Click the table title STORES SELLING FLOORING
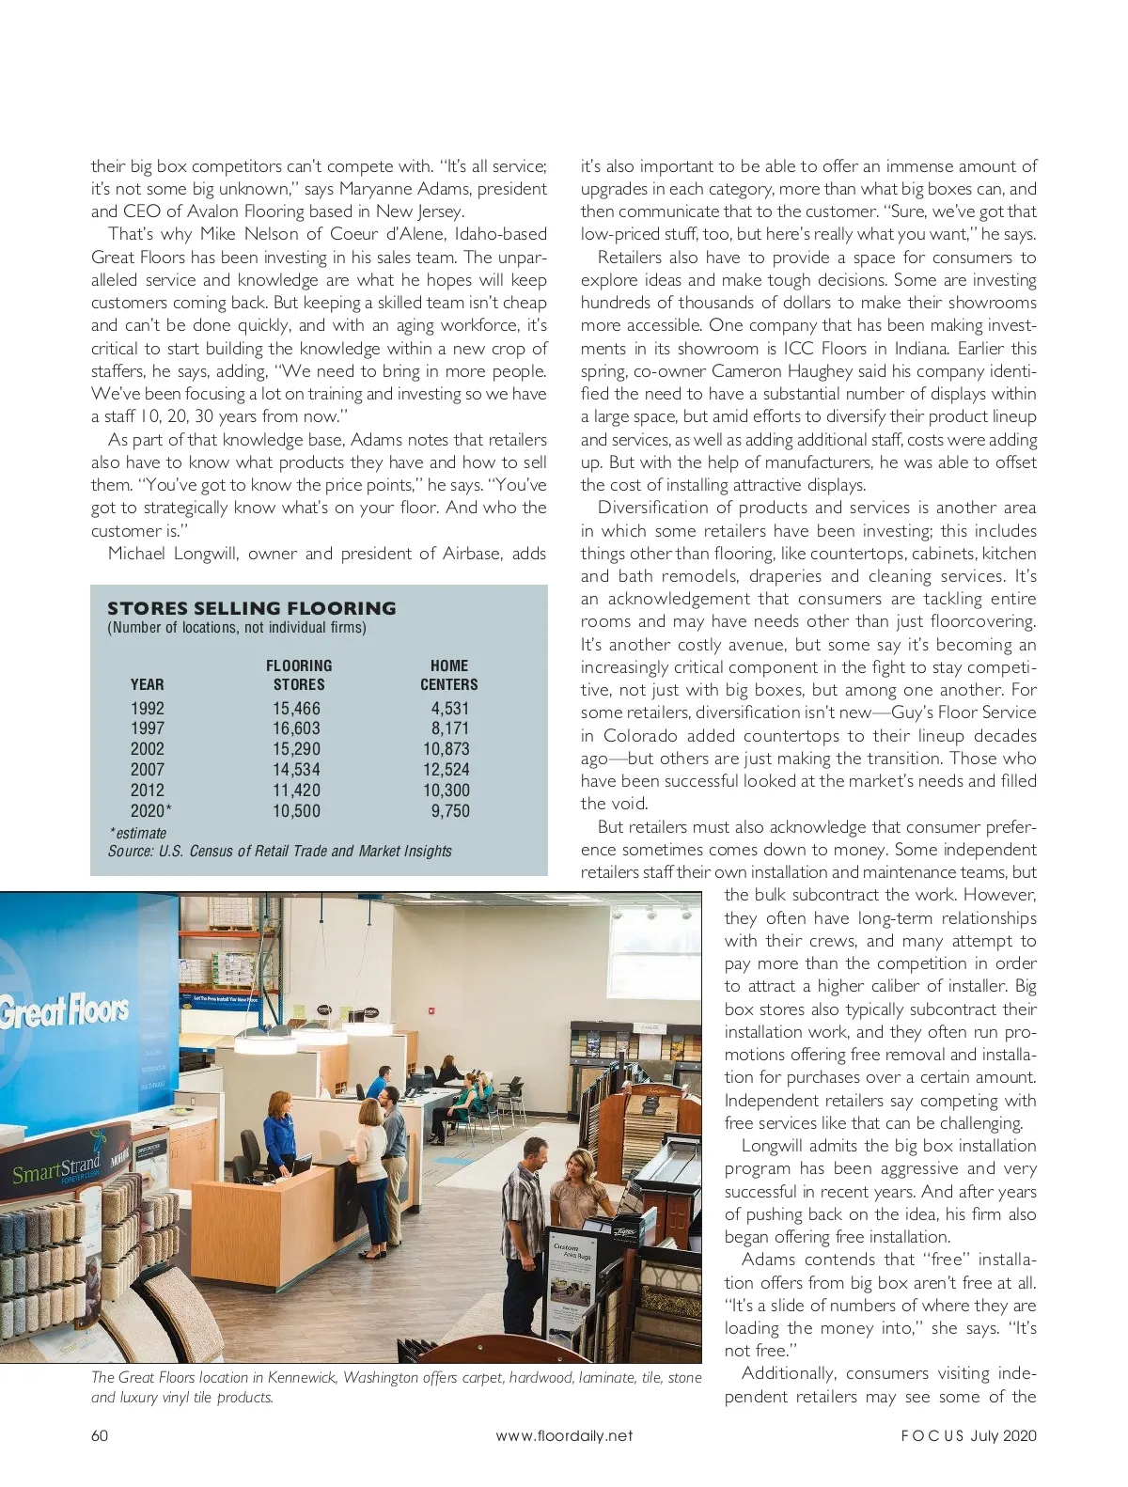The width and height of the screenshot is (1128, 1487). (x=252, y=608)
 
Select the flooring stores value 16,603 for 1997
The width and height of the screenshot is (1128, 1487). (x=296, y=728)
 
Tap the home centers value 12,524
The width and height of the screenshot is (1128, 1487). (x=446, y=770)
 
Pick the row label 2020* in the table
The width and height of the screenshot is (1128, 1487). (x=150, y=811)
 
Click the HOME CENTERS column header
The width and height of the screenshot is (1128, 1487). (x=448, y=675)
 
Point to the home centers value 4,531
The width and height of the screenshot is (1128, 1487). (x=449, y=709)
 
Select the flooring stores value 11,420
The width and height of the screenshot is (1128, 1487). (x=296, y=790)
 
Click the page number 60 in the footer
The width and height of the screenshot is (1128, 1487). (x=100, y=1435)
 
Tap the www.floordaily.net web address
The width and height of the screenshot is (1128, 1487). (x=564, y=1435)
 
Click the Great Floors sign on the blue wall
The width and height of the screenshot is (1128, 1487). (x=64, y=1011)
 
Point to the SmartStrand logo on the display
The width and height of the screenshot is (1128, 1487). (x=56, y=1170)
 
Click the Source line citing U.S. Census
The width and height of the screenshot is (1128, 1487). (x=279, y=852)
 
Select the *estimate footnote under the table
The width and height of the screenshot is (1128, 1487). (x=138, y=833)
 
